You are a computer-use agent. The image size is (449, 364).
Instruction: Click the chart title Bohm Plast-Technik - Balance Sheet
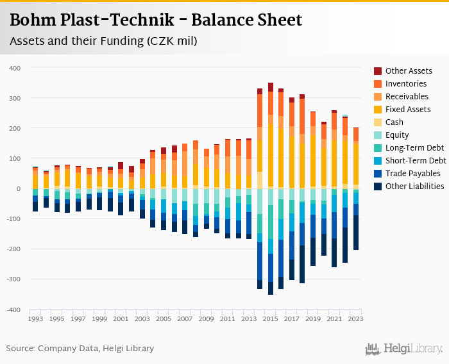(156, 20)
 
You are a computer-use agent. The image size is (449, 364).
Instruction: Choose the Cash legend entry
(394, 122)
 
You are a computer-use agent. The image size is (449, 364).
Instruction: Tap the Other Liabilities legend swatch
(378, 186)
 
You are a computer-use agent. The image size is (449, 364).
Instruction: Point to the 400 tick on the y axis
(14, 68)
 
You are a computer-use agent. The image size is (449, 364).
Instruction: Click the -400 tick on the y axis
(13, 310)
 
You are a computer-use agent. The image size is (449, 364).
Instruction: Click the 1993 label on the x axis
(35, 318)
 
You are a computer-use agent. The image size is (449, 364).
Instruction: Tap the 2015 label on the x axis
(271, 318)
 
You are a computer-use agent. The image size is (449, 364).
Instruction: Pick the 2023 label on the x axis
(356, 318)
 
